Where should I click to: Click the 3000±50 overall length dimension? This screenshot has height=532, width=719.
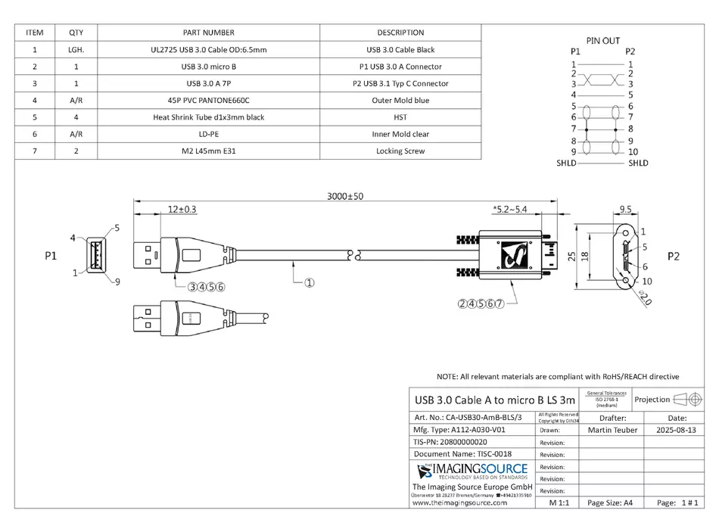coord(344,196)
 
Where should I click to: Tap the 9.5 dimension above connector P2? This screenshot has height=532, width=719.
coord(625,208)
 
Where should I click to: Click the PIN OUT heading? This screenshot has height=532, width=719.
coord(602,40)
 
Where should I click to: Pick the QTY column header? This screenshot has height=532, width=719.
coord(76,33)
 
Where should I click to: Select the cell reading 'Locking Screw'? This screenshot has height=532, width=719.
coord(400,151)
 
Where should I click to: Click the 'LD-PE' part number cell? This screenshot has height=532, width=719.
coord(209,134)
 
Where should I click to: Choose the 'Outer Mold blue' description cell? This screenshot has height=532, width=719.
coord(400,100)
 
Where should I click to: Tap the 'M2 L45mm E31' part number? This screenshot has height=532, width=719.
coord(209,151)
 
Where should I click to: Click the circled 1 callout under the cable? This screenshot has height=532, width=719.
coord(310,284)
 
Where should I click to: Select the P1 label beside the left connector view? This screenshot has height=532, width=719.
coord(51,256)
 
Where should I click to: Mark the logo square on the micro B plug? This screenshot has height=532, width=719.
coord(511,256)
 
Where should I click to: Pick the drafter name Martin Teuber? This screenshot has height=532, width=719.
coord(612,430)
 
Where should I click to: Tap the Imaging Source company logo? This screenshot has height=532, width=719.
coord(470,473)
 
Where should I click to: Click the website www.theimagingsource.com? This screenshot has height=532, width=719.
coord(460,502)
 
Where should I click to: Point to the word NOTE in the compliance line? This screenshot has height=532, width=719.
coord(449,376)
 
